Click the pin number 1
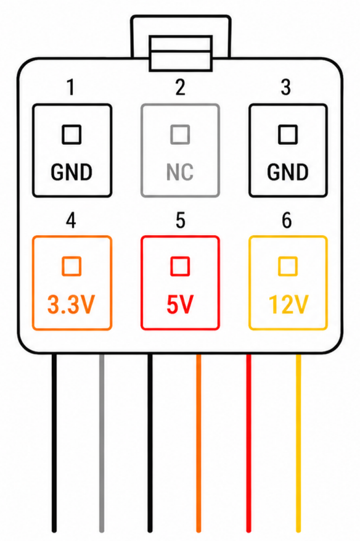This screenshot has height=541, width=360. [71, 88]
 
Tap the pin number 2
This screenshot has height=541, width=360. [181, 88]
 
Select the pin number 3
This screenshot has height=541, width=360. [286, 88]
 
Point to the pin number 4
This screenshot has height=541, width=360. [71, 220]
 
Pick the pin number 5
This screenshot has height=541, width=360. [181, 220]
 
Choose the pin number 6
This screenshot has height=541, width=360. [287, 220]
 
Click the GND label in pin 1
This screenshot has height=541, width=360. [72, 172]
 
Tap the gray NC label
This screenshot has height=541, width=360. [179, 172]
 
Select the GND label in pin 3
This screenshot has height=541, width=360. [288, 172]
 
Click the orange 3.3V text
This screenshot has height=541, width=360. [71, 305]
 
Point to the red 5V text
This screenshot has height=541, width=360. [180, 305]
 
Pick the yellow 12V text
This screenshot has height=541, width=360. [288, 305]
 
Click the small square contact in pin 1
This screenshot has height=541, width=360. [72, 134]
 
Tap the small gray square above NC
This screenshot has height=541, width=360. [181, 134]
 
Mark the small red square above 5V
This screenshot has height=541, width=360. [180, 266]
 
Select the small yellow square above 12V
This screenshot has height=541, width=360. [288, 266]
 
